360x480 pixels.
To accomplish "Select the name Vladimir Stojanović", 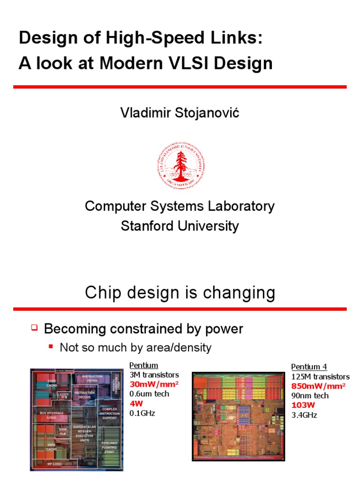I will coord(180,113).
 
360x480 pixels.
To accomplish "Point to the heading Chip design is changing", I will coord(180,293).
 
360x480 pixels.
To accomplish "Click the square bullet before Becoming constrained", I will coord(34,328).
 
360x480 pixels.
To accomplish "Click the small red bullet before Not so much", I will coord(51,347).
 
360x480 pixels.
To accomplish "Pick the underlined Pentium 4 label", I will coord(309,367).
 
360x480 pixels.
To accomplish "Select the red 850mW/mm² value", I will coord(318,386).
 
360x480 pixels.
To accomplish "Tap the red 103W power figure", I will coord(302,405).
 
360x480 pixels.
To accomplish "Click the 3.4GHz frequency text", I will coord(304,415).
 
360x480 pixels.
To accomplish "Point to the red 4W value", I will coord(135,404).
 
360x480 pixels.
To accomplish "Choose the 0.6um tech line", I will coord(149,394).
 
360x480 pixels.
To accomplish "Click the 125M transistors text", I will coord(320,376).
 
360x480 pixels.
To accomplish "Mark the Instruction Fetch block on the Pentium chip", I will coord(92,379).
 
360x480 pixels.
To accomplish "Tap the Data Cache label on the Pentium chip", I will coord(52,447).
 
